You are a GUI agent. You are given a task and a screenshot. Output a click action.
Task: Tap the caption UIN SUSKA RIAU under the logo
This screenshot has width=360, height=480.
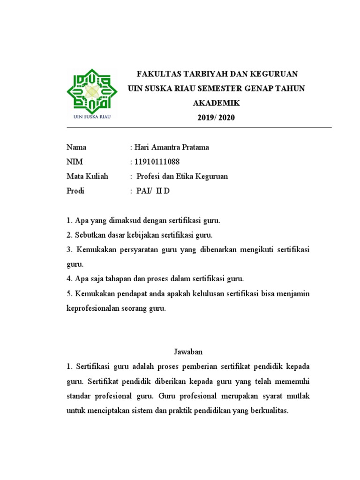click(x=91, y=116)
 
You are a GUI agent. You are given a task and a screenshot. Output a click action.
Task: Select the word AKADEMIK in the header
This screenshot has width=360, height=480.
click(x=216, y=103)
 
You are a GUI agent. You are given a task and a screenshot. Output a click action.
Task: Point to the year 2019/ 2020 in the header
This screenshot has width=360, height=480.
click(x=216, y=118)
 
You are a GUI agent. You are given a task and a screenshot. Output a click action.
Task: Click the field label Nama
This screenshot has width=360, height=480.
click(x=76, y=147)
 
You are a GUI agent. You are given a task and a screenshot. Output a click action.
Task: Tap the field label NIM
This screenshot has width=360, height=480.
click(x=75, y=162)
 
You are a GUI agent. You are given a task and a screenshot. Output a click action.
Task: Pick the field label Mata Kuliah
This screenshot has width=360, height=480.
click(x=87, y=176)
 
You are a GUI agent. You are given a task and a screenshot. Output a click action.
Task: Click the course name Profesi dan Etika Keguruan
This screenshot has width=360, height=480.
click(x=182, y=176)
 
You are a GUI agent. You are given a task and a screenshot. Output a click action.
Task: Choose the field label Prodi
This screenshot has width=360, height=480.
click(x=75, y=191)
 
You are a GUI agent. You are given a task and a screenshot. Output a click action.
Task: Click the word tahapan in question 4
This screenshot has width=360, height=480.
click(x=123, y=279)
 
